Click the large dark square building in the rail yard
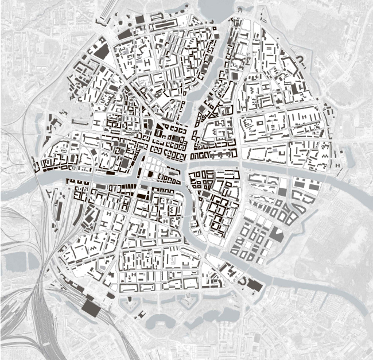tap(90, 306)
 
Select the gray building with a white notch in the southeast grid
tap(276, 233)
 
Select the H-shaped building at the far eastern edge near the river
tap(339, 165)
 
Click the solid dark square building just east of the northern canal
tap(235, 75)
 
